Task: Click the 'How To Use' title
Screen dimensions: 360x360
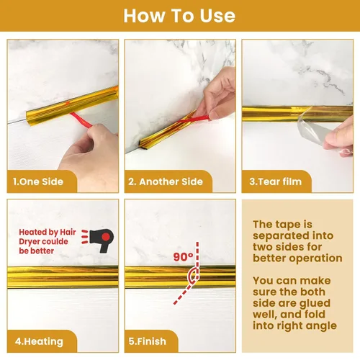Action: [x=179, y=16]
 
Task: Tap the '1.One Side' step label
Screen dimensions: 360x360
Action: [x=38, y=181]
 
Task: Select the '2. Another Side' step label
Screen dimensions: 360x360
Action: [x=166, y=181]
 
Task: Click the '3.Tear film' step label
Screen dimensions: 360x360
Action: [x=275, y=181]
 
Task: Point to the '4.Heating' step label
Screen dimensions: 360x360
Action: [x=39, y=341]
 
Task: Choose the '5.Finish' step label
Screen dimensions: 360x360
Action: [x=148, y=341]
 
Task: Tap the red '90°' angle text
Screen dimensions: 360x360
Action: [x=183, y=257]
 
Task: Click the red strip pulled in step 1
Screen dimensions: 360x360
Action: [x=81, y=120]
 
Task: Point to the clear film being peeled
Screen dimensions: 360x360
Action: [x=313, y=132]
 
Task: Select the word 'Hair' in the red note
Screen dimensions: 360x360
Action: [x=68, y=232]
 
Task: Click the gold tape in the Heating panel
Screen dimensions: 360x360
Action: [x=63, y=277]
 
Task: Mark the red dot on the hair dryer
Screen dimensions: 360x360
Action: [x=106, y=237]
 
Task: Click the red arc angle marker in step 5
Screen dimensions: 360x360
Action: [x=193, y=276]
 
